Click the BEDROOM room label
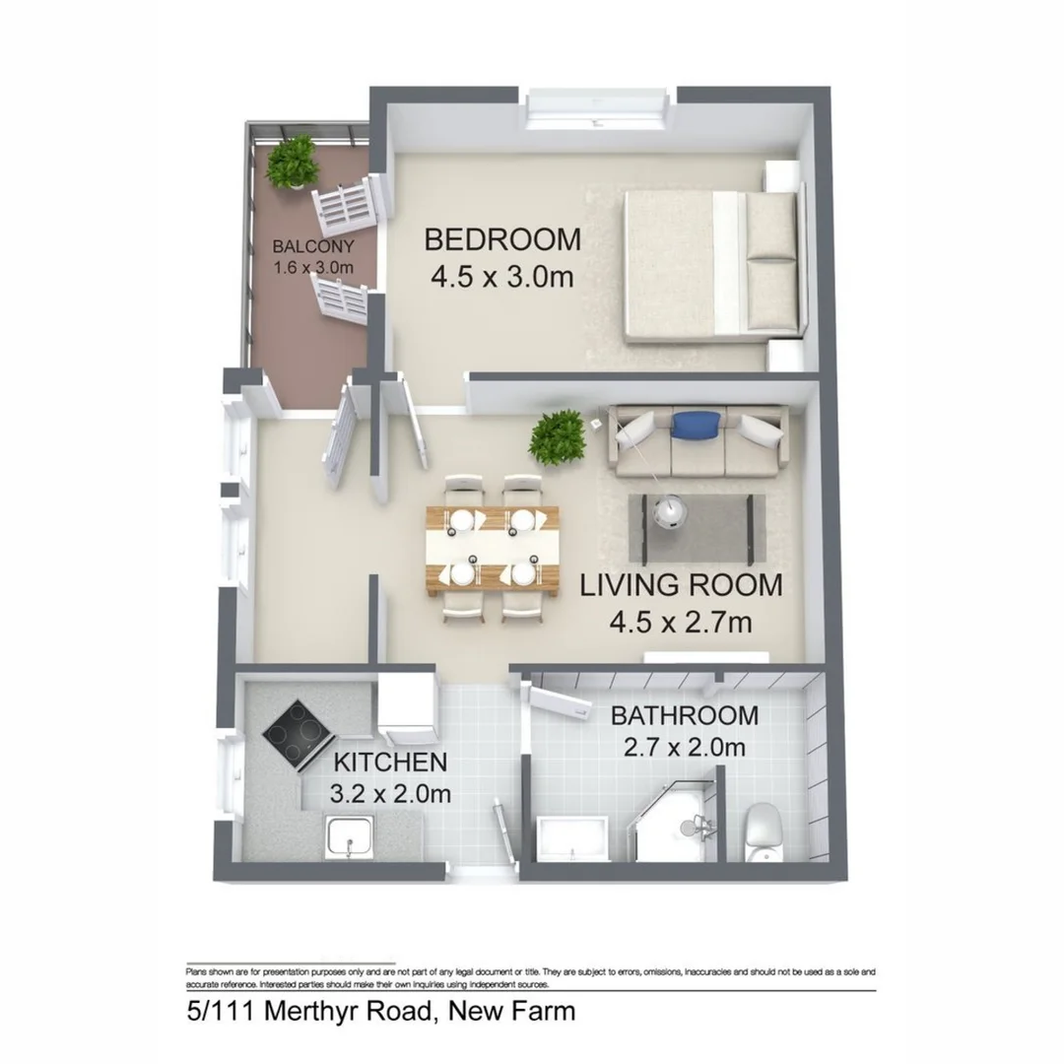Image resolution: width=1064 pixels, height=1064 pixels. tap(502, 239)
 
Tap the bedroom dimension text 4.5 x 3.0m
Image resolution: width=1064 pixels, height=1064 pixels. tap(502, 277)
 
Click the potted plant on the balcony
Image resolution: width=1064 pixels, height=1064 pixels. tap(293, 161)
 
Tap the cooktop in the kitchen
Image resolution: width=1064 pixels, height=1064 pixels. tap(296, 734)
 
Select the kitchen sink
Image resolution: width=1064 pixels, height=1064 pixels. tap(350, 837)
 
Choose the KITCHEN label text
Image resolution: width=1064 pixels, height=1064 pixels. tap(391, 762)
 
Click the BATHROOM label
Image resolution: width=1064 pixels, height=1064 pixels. tap(685, 715)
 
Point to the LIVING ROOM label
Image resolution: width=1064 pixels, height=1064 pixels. tap(681, 585)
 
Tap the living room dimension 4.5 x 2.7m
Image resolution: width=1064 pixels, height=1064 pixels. tap(681, 623)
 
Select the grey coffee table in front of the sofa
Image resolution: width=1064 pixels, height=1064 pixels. tap(698, 527)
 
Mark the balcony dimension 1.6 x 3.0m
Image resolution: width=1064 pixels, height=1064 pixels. tap(313, 266)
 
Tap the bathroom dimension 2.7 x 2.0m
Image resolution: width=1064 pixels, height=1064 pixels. tap(685, 748)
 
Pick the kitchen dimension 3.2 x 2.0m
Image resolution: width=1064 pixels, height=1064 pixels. tap(391, 793)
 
